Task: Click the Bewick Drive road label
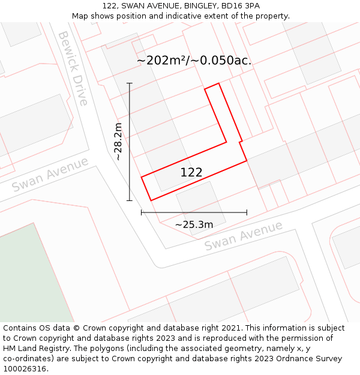(x=73, y=68)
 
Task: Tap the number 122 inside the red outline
(x=191, y=173)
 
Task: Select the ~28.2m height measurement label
(x=118, y=142)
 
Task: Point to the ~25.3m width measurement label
(x=194, y=224)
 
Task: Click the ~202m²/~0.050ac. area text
(x=194, y=61)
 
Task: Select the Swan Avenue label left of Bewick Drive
(x=50, y=174)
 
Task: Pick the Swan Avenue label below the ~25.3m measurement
(x=243, y=236)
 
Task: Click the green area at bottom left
(x=30, y=276)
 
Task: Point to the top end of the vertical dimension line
(x=129, y=83)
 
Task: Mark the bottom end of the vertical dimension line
(x=129, y=200)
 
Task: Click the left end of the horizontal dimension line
(x=142, y=212)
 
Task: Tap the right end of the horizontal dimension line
(x=247, y=212)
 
